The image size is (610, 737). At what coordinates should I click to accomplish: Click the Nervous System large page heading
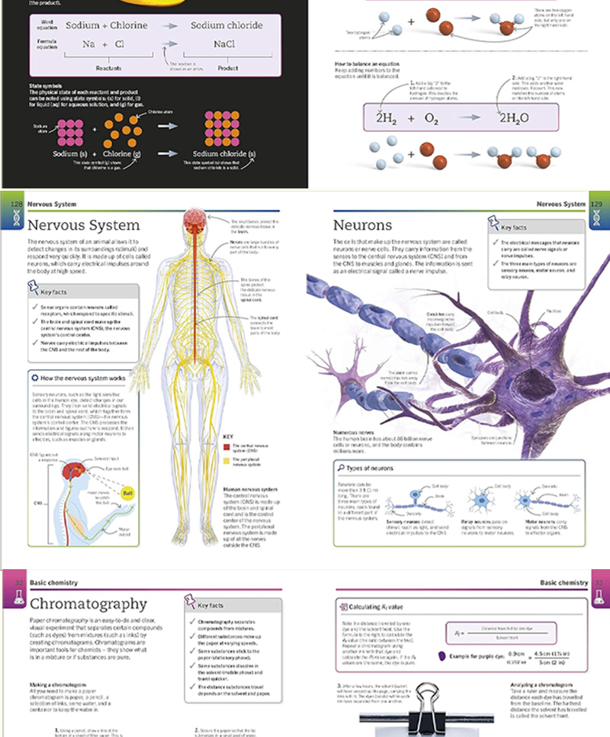coord(84,226)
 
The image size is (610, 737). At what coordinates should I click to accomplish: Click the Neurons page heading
coord(363,226)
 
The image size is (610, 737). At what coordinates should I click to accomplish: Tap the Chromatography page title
coord(87,603)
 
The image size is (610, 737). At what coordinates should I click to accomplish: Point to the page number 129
coord(599,204)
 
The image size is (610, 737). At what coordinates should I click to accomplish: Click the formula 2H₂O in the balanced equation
coord(518,118)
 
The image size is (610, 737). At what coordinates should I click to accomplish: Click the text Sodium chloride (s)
coord(223,153)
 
